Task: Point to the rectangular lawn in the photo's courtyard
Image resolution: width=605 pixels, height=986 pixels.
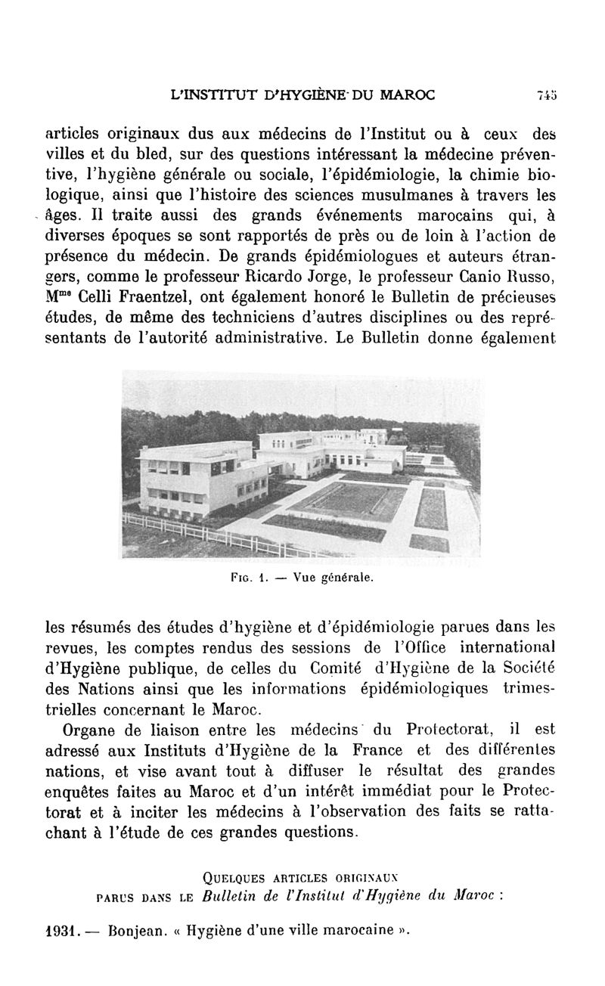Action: [350, 501]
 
